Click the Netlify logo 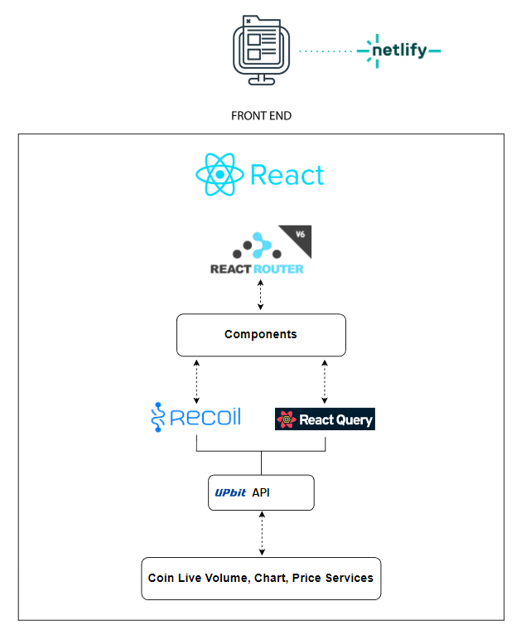coord(398,50)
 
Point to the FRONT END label coord(261,116)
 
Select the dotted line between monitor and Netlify coord(326,51)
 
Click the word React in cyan coord(287,176)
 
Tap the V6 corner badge coord(290,235)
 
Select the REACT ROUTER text coord(257,269)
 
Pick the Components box coord(261,335)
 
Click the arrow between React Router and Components coord(261,295)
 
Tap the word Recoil coord(205,416)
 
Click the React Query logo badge coord(325,419)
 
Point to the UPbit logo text coord(230,493)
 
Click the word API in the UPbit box coord(261,493)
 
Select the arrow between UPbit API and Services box coord(262,533)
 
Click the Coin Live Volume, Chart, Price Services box coord(261,578)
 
